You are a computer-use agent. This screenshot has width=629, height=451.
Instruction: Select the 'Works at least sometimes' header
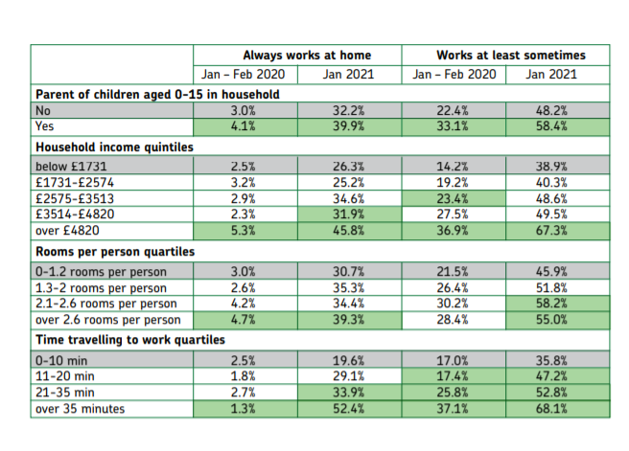tap(510, 56)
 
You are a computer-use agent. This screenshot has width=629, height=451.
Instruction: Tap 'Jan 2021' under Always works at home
tap(348, 75)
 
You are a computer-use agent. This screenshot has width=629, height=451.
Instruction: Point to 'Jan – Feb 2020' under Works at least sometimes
tap(454, 75)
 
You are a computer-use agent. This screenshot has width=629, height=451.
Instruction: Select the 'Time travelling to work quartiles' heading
tap(131, 339)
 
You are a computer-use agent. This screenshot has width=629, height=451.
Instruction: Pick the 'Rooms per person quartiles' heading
tap(115, 251)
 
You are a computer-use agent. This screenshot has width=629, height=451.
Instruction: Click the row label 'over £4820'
tap(67, 231)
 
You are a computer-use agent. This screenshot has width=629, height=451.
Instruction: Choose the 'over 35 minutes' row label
tap(82, 410)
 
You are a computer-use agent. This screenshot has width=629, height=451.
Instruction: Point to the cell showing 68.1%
tap(556, 410)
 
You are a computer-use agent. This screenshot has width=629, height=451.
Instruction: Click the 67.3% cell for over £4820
tap(556, 231)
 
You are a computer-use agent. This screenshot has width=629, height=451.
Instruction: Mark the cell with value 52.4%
tap(348, 410)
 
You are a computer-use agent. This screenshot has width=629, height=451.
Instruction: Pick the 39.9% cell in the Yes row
tap(348, 126)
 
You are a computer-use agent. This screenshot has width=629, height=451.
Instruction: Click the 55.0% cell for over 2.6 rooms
tap(556, 319)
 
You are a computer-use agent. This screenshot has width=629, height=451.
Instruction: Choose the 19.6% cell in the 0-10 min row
tap(348, 360)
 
